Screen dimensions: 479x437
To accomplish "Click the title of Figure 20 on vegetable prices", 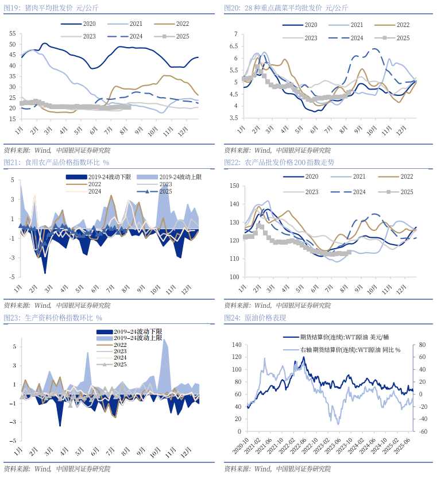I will coord(285,7).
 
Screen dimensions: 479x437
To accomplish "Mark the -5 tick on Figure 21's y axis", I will coord(12,277).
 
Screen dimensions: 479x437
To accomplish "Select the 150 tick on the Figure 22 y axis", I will coord(233,186).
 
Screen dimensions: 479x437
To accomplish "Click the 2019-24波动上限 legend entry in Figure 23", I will coord(138,339).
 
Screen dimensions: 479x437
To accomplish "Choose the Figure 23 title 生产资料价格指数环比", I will coord(52,318).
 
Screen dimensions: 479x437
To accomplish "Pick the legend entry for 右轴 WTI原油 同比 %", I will coord(350,350).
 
